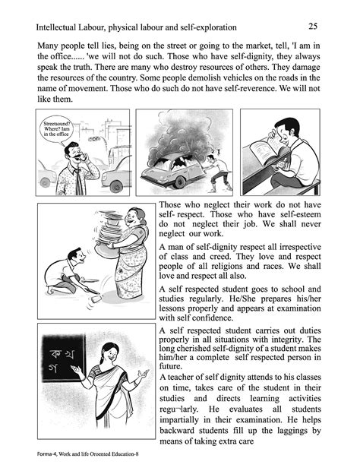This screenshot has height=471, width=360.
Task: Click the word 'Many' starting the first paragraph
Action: [x=49, y=45]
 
